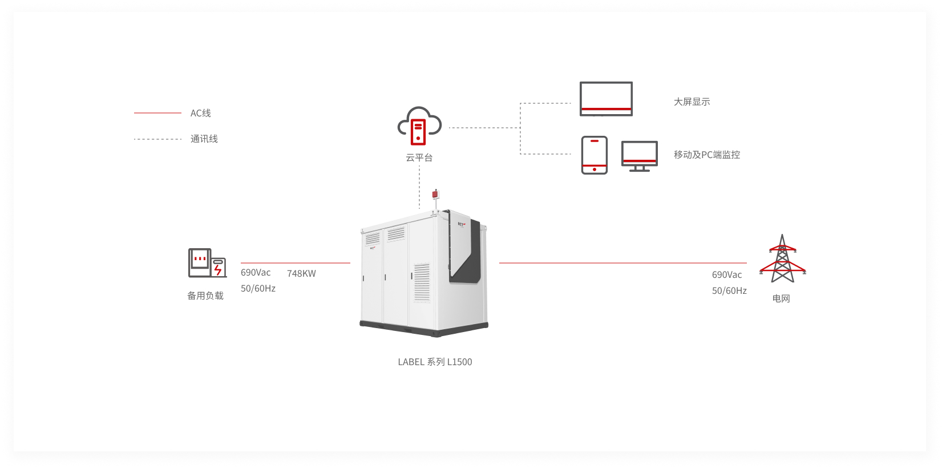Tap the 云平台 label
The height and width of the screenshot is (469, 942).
(419, 157)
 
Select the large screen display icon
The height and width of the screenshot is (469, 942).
(606, 99)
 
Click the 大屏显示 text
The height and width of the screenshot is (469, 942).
(692, 102)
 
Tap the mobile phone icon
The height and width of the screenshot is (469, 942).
(594, 155)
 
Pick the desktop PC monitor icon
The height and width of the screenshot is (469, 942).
(639, 156)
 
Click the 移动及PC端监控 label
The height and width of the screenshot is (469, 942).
(706, 155)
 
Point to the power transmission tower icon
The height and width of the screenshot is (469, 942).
(782, 259)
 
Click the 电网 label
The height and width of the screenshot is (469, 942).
(781, 298)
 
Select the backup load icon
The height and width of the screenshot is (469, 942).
(207, 263)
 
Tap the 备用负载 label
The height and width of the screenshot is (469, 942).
(205, 296)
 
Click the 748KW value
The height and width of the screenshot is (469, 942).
(301, 274)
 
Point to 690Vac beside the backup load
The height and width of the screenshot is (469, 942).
(256, 273)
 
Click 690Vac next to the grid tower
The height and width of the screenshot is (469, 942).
(727, 275)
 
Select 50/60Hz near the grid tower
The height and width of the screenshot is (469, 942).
(729, 291)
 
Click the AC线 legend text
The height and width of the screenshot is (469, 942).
(200, 113)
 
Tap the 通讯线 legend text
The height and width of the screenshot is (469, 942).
(204, 139)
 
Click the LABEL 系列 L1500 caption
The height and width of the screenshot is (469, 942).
(435, 362)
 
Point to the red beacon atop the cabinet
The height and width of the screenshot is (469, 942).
(435, 195)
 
